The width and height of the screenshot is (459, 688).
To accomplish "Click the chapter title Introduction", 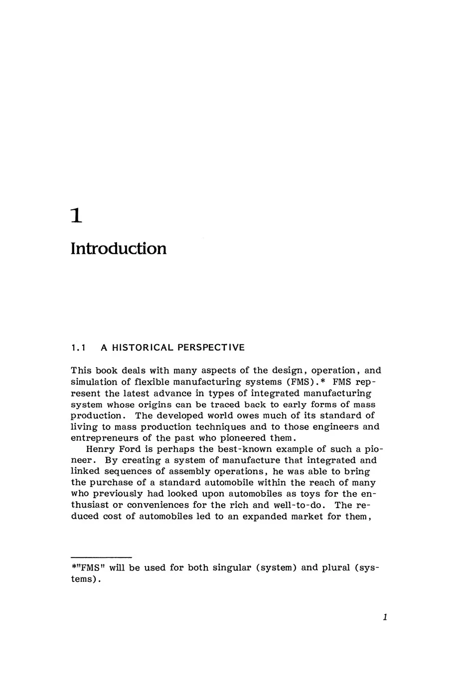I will tap(119, 248).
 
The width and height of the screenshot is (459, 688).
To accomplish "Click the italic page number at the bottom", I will tap(385, 618).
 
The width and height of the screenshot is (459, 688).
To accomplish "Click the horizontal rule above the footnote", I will tap(101, 556).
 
